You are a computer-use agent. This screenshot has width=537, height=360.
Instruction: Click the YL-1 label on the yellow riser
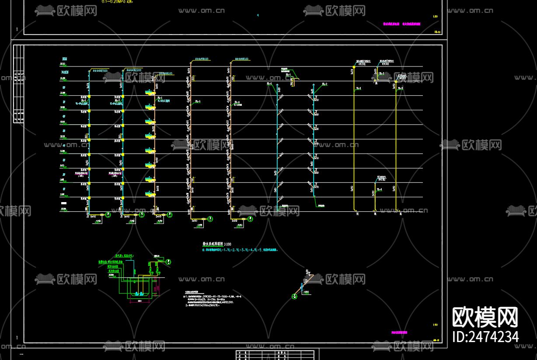(358, 88)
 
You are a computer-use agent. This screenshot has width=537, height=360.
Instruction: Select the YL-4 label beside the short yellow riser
(379, 189)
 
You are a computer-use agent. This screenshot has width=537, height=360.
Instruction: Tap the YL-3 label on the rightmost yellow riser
(400, 88)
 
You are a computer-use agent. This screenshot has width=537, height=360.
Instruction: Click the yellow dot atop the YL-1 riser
(354, 67)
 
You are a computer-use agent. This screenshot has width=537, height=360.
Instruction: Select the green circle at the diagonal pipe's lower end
(294, 297)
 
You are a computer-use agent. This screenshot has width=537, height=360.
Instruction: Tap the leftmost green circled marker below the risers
(108, 215)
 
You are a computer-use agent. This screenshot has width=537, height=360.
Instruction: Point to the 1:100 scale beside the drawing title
(228, 244)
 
